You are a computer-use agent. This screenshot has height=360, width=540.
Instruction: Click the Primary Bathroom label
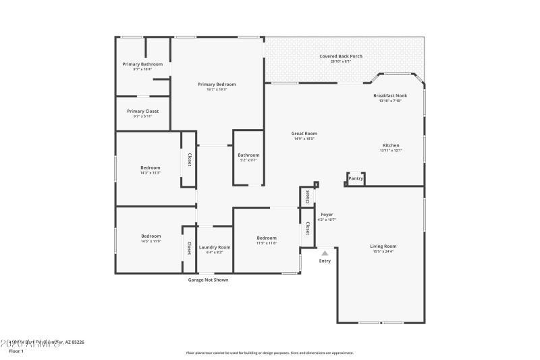click(x=142, y=64)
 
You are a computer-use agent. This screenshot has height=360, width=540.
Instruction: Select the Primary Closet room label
click(x=142, y=111)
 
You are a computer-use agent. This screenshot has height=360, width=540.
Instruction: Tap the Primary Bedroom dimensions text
click(x=217, y=89)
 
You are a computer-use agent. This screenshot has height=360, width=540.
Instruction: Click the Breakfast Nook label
click(x=390, y=96)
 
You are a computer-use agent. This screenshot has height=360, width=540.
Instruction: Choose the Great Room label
click(x=304, y=134)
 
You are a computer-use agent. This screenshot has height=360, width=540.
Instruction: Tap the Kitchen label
click(x=391, y=145)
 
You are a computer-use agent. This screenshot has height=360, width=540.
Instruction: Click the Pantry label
click(x=356, y=178)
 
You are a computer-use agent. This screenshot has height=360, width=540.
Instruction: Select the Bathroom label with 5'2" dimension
click(x=248, y=155)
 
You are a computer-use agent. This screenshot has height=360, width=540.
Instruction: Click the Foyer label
click(x=327, y=215)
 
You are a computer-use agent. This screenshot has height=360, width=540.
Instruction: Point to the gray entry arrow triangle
click(x=325, y=253)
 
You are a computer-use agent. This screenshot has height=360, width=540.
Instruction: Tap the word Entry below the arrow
click(x=325, y=261)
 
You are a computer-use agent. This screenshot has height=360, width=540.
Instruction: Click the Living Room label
click(x=383, y=247)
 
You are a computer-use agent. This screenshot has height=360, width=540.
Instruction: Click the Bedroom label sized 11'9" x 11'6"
click(x=267, y=238)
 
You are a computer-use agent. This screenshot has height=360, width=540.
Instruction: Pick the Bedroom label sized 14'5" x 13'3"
click(x=151, y=168)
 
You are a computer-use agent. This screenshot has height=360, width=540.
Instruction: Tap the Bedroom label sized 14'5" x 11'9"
click(x=151, y=236)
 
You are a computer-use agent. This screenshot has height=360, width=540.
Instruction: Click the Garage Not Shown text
click(x=207, y=280)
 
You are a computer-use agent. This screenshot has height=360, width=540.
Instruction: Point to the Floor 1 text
click(x=16, y=351)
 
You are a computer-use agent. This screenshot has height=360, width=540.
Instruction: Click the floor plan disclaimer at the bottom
click(x=269, y=353)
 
